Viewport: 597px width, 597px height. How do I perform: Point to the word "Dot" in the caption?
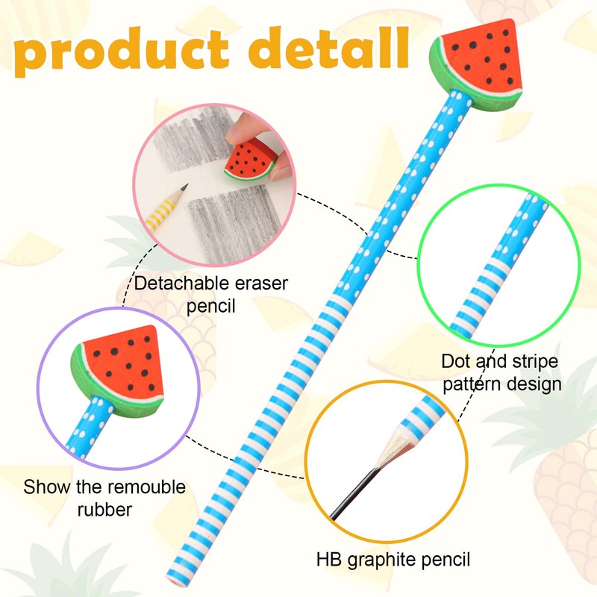(x=456, y=363)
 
